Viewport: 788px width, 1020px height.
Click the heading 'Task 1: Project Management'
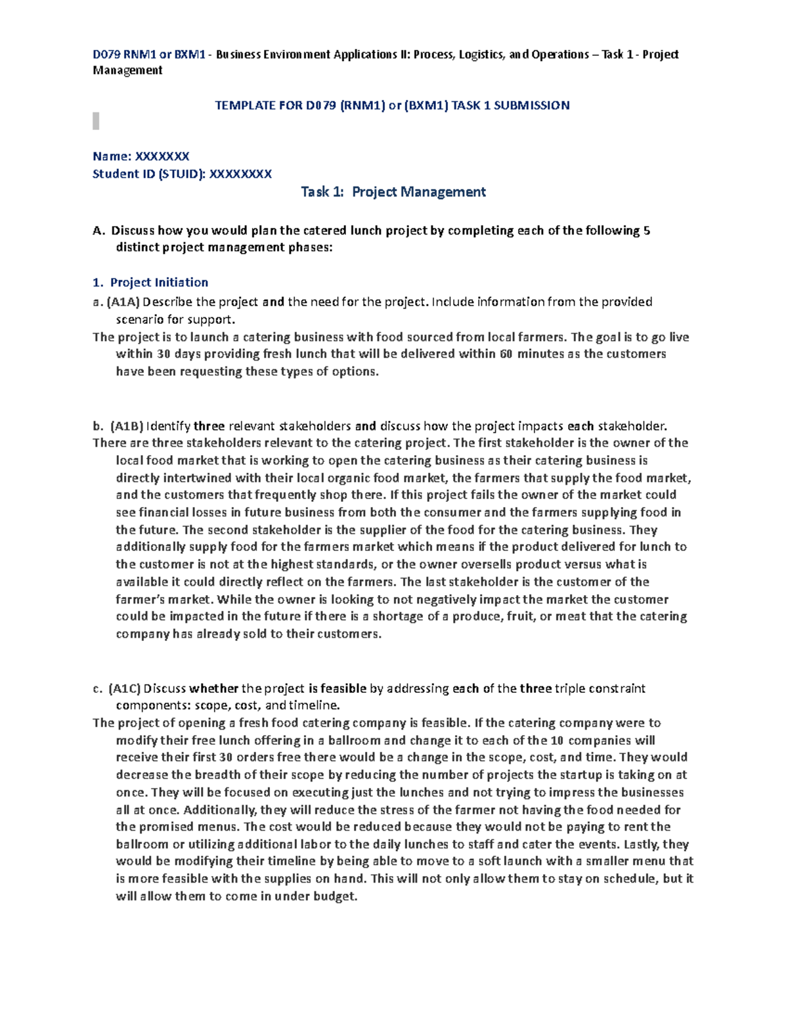[393, 192]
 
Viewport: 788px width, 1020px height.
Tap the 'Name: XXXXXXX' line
[141, 156]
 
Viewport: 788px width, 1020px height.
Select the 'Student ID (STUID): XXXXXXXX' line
[182, 174]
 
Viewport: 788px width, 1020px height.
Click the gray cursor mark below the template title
[96, 121]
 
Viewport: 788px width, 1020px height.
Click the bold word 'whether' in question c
[213, 688]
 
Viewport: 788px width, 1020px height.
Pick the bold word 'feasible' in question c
[343, 688]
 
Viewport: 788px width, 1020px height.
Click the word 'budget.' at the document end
[336, 896]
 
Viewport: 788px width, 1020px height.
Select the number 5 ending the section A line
[647, 231]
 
